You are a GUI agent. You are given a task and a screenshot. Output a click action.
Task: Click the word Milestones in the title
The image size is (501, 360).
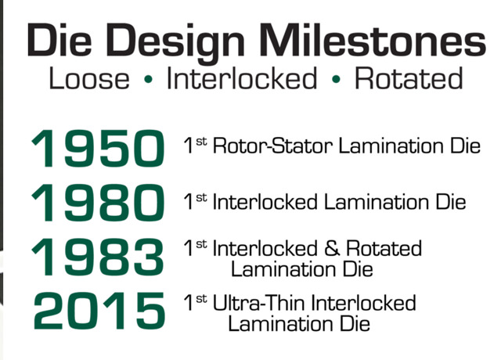pos(373,40)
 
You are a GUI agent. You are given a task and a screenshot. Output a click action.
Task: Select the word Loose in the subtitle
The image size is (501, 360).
pos(89,78)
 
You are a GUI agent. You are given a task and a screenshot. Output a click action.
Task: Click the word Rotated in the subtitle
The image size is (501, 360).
pos(409,78)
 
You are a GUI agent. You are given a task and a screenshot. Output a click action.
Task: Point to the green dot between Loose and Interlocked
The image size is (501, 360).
pos(148,79)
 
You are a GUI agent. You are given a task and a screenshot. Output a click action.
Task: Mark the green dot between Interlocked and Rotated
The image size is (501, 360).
pos(336,79)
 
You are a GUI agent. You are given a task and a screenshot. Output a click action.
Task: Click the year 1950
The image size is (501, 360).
pos(98,148)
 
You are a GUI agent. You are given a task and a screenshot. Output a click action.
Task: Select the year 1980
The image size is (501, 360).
pos(98,203)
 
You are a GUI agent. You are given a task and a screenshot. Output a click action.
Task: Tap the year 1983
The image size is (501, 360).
pos(98,257)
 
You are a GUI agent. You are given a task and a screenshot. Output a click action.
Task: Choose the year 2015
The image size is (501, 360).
pos(99,311)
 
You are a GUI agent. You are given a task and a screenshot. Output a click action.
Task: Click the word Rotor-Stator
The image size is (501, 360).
pos(272,146)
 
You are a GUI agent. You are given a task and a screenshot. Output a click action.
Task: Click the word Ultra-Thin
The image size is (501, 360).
pos(258,303)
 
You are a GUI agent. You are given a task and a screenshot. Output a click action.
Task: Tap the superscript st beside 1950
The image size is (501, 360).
pos(201,142)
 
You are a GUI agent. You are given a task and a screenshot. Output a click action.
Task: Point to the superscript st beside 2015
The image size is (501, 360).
pos(201,298)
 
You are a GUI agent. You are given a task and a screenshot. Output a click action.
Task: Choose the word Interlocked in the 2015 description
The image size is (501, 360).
pos(363,303)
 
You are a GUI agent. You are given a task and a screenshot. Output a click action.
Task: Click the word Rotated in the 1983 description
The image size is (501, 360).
pos(384,249)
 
